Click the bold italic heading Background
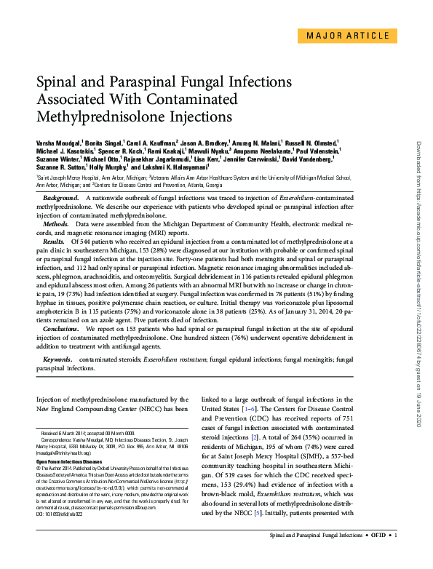(61, 198)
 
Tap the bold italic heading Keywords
(58, 359)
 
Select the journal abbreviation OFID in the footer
(377, 556)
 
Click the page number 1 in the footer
(396, 556)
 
